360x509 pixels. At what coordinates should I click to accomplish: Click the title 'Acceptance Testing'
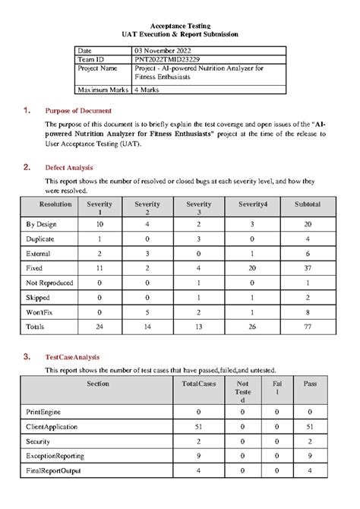pos(180,26)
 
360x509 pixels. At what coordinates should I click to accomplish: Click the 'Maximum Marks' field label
pos(103,90)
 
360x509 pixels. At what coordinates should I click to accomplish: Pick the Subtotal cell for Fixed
pos(307,268)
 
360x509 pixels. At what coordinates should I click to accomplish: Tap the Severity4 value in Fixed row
pos(251,268)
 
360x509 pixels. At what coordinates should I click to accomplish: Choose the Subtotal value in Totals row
pos(307,325)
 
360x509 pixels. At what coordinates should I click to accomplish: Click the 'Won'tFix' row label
pos(43,311)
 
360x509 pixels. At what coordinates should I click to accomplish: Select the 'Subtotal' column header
pos(307,204)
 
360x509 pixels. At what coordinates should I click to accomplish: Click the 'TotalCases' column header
pos(200,384)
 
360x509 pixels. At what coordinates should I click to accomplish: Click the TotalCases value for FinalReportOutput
pos(199,470)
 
